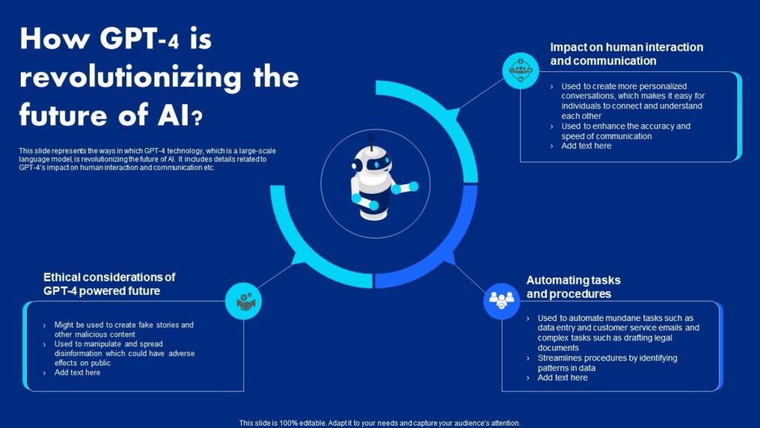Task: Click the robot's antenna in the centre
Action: [x=371, y=140]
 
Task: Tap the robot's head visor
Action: [x=379, y=163]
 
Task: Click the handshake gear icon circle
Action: [x=243, y=301]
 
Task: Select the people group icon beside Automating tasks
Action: [x=501, y=302]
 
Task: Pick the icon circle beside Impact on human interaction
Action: [x=520, y=71]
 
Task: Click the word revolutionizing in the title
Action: [x=131, y=78]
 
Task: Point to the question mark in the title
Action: [x=197, y=118]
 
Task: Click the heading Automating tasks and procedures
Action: [x=574, y=287]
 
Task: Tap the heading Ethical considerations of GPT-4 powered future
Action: [x=109, y=284]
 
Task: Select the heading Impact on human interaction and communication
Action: [x=626, y=53]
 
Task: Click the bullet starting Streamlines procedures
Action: [x=607, y=363]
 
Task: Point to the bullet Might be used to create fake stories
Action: [x=124, y=329]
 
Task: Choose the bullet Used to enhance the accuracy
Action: [x=626, y=131]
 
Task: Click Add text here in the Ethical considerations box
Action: [x=77, y=373]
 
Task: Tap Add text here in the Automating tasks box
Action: [x=563, y=377]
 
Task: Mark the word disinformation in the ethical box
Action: [x=78, y=353]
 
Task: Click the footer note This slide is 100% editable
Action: [x=379, y=423]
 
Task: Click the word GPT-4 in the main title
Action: [x=140, y=39]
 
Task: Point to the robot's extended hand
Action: [x=413, y=187]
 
